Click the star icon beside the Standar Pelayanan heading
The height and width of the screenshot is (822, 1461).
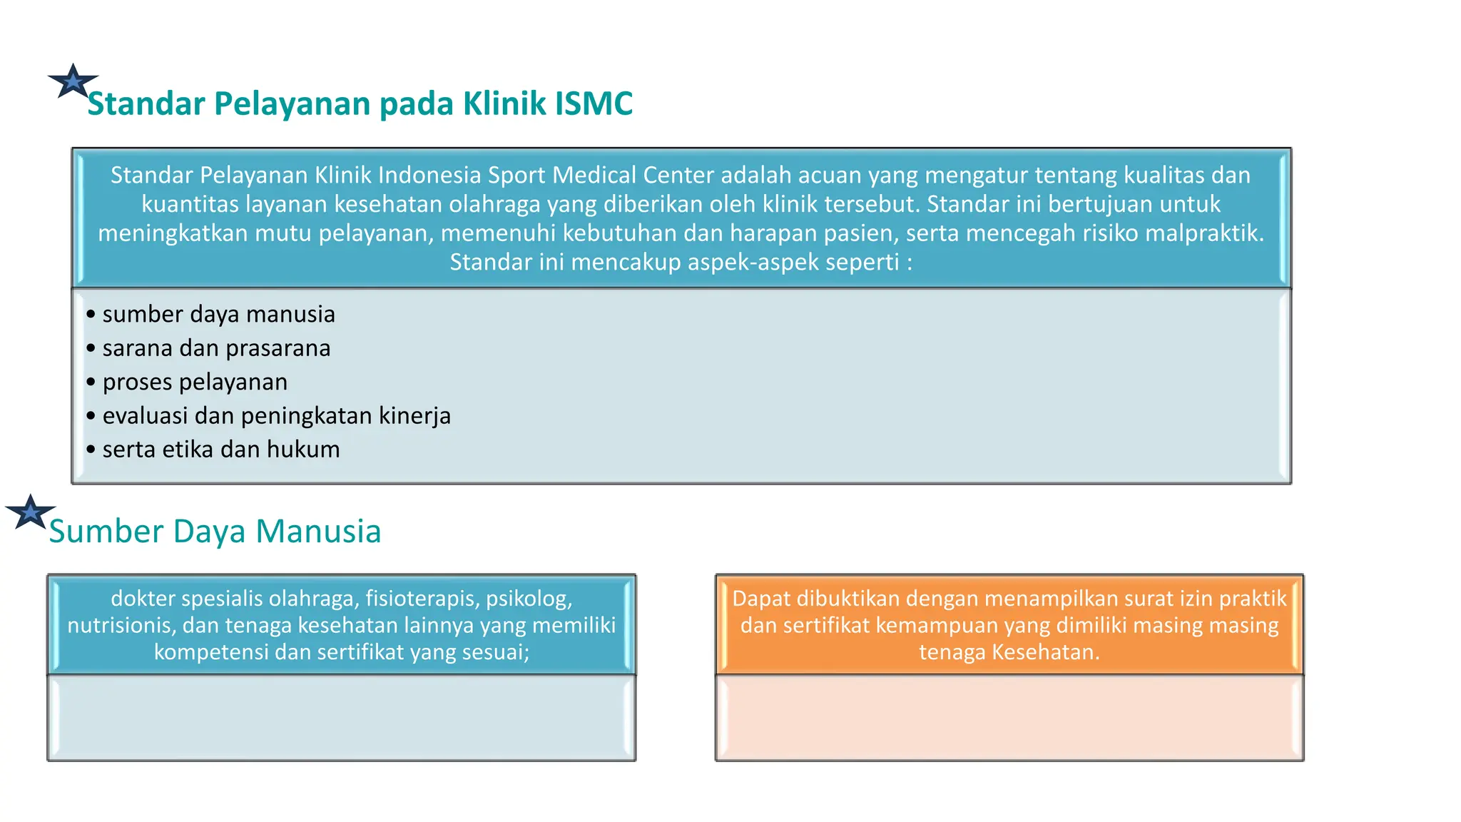click(x=73, y=81)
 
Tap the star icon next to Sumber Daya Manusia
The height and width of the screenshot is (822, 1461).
click(x=30, y=512)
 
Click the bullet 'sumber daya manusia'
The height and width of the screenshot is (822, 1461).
click(x=218, y=315)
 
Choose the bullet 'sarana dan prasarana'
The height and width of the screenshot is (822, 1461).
click(x=216, y=348)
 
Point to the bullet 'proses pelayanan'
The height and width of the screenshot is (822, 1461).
click(x=195, y=382)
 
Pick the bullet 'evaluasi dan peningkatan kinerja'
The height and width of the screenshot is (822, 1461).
click(x=276, y=416)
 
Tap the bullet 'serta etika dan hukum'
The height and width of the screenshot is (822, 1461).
click(x=221, y=450)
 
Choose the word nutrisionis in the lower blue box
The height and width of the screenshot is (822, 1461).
click(x=121, y=626)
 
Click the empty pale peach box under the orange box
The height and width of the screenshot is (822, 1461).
click(x=1009, y=717)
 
